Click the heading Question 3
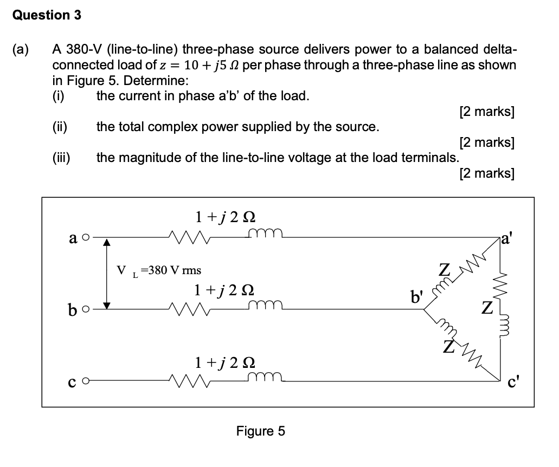tap(47, 15)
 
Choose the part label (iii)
tap(61, 158)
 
